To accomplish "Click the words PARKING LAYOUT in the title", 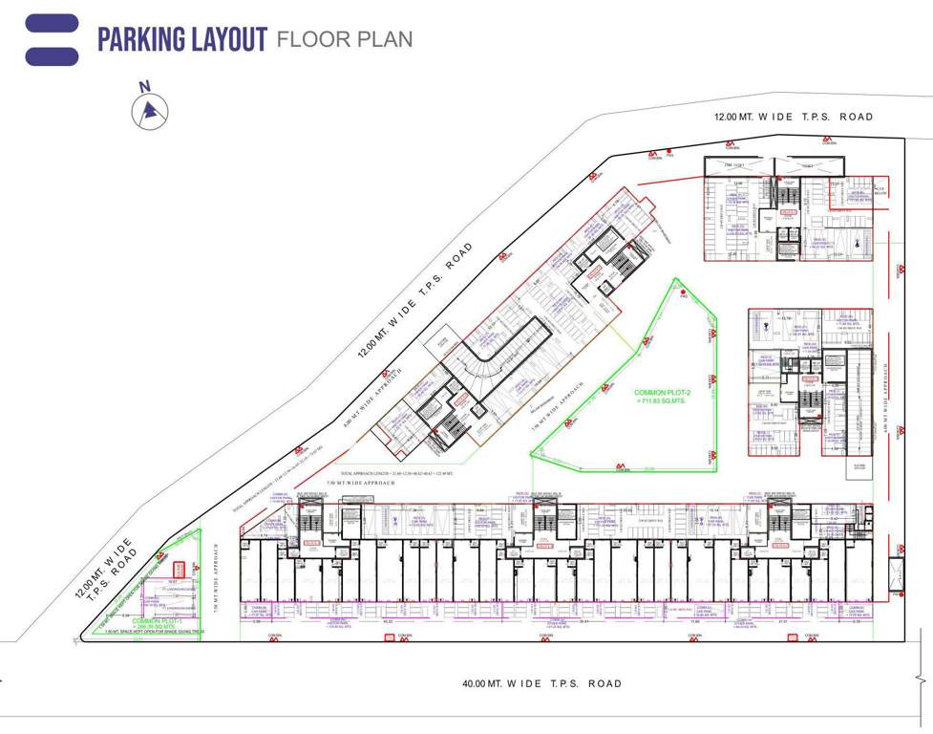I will tap(181, 39).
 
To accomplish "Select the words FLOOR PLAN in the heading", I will tap(344, 39).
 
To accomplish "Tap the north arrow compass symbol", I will tap(149, 110).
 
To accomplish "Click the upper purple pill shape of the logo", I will tap(52, 23).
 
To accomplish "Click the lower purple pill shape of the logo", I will tap(52, 56).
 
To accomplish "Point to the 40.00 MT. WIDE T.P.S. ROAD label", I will tap(541, 683).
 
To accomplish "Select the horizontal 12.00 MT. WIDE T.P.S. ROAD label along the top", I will tap(794, 117).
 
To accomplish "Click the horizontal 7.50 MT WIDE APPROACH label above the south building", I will tap(361, 484).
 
